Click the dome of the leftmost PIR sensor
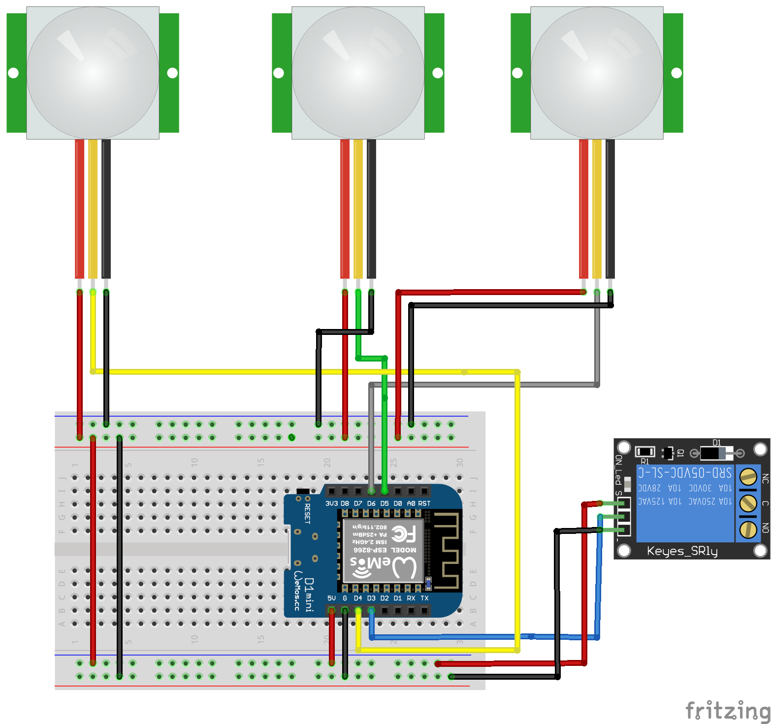[x=93, y=73]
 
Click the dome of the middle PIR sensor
[x=358, y=73]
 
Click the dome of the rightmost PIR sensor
[x=597, y=73]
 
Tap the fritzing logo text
[x=727, y=711]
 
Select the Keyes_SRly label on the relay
[x=682, y=551]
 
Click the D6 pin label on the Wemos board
[x=371, y=503]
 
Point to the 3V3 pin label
[x=331, y=503]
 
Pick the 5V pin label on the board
[x=331, y=598]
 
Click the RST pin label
[x=424, y=503]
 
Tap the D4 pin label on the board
[x=358, y=598]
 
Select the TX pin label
[x=424, y=598]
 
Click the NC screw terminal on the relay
[x=748, y=476]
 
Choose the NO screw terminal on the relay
[x=748, y=529]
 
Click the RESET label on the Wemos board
[x=307, y=513]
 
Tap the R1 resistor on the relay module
[x=644, y=452]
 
